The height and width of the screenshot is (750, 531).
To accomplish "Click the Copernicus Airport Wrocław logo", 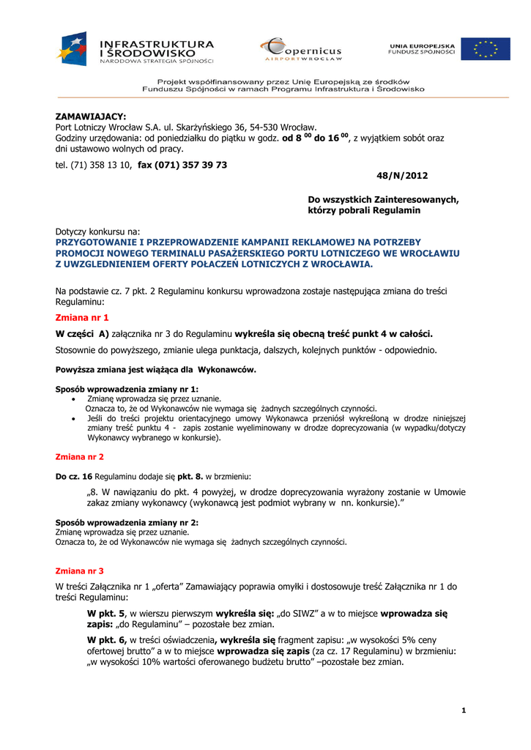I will (x=301, y=50).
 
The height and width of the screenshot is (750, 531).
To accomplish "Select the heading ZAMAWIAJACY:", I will (x=92, y=116).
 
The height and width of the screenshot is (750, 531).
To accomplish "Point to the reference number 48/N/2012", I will (x=402, y=176).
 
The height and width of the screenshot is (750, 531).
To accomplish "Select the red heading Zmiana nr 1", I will (x=82, y=318).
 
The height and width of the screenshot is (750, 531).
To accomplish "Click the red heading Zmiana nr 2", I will (x=80, y=456).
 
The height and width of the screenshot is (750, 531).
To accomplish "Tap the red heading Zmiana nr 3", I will (x=80, y=570).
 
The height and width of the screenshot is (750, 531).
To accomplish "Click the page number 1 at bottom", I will (x=464, y=710).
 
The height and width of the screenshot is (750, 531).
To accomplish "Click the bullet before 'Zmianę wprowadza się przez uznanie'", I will (x=74, y=399).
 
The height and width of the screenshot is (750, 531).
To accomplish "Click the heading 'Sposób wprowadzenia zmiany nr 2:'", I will (x=127, y=523).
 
